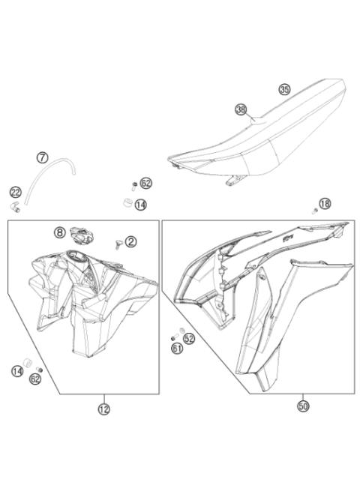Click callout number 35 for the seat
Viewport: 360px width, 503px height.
pos(284,89)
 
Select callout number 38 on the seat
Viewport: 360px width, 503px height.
pos(241,109)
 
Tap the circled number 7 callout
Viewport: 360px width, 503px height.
pos(43,157)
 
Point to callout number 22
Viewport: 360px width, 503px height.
pos(15,192)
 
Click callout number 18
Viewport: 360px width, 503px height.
pos(325,203)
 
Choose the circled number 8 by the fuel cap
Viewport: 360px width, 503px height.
pos(59,232)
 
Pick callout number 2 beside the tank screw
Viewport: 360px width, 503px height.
pos(130,241)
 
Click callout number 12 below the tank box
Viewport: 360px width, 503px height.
pos(103,409)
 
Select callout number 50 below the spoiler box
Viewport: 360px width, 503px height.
pos(303,406)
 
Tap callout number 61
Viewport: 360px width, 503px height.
pos(176,348)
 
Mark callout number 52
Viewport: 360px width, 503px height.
pos(189,339)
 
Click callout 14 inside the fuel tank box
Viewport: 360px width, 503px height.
pos(17,370)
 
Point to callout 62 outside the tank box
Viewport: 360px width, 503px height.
pos(145,184)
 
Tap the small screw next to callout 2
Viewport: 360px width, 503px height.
pos(118,243)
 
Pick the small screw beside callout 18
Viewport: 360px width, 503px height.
pos(316,211)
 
